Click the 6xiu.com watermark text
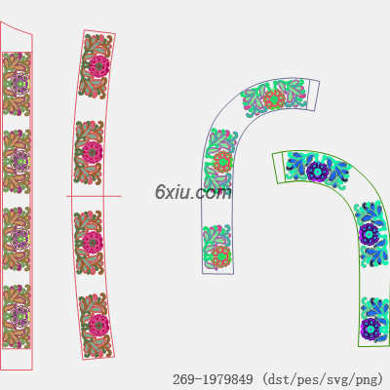click(x=193, y=192)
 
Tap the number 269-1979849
click(x=213, y=379)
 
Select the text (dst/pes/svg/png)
click(x=323, y=379)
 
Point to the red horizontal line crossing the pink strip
click(x=94, y=196)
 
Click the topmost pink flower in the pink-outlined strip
click(x=98, y=66)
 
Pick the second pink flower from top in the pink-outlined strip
click(x=93, y=151)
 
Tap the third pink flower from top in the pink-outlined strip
click(x=93, y=242)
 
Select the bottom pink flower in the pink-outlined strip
click(x=97, y=325)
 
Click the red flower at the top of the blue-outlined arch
click(x=274, y=98)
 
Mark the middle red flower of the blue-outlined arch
click(x=222, y=161)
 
